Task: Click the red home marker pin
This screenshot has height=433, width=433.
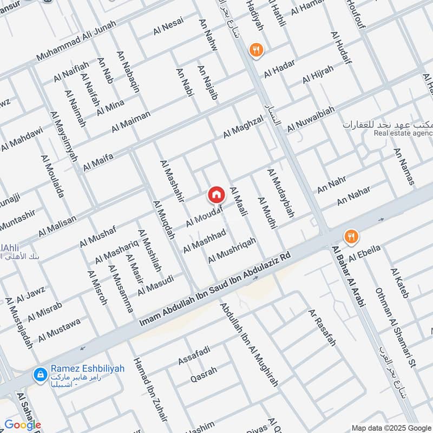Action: click(216, 194)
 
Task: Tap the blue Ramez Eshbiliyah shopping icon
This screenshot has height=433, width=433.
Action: click(40, 373)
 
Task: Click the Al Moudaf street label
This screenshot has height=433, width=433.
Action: click(205, 216)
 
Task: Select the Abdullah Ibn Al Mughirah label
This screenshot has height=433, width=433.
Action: click(249, 344)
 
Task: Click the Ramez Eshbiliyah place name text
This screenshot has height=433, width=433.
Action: click(88, 369)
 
